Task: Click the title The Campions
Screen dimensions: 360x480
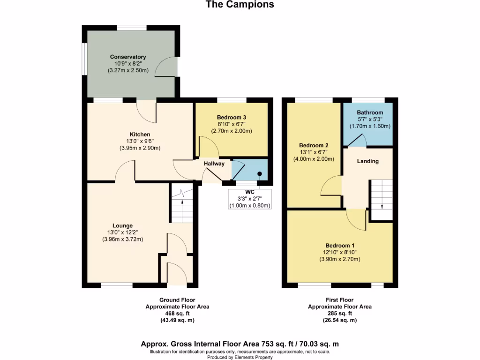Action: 240,5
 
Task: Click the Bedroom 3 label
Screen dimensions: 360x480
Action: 232,117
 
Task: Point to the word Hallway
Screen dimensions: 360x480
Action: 214,164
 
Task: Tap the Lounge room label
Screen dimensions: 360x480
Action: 122,225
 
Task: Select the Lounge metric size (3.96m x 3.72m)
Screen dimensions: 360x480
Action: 122,239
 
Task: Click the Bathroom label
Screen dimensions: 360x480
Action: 370,112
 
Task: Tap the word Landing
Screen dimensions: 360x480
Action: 367,161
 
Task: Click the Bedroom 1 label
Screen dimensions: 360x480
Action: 340,246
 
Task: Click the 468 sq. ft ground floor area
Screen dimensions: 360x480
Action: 177,314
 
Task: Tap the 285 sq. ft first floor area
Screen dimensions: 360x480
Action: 339,314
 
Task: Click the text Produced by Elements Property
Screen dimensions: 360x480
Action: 240,357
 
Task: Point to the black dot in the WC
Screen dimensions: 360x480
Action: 259,173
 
